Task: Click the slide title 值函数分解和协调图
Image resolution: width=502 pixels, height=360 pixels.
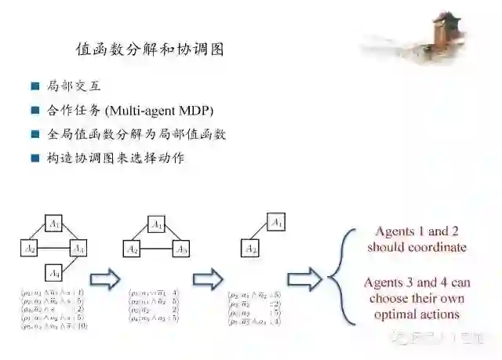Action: click(150, 49)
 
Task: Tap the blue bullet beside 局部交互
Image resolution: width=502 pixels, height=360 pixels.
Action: click(35, 86)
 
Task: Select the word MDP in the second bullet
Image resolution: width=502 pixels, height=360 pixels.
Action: click(197, 111)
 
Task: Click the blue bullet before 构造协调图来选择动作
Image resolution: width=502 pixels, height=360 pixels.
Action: click(35, 158)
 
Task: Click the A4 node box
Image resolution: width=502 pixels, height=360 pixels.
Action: click(53, 274)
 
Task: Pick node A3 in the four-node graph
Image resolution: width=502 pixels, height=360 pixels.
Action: click(78, 249)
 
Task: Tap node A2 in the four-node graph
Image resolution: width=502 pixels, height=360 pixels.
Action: click(29, 249)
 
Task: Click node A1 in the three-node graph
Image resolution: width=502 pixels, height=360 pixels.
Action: click(156, 224)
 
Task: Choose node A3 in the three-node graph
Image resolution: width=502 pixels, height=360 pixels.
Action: click(180, 249)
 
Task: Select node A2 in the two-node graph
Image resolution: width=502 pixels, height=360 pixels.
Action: click(250, 249)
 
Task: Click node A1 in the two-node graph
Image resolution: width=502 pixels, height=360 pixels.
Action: click(275, 224)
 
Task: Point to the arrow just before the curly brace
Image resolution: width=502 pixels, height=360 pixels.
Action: click(304, 278)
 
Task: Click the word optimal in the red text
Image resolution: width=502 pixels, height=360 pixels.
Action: click(398, 315)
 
